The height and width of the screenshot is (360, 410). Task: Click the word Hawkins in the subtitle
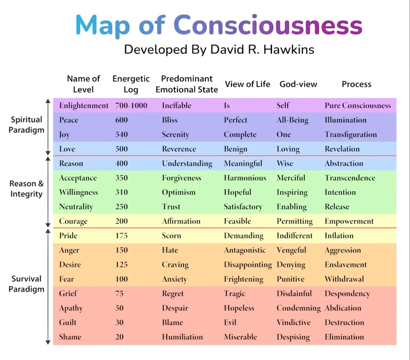click(x=289, y=49)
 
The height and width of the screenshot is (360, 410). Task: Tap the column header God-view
click(x=298, y=84)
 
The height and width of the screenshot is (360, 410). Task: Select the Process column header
click(x=357, y=84)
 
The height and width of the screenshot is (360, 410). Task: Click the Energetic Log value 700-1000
click(x=131, y=105)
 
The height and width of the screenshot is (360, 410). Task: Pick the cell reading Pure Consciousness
click(x=358, y=105)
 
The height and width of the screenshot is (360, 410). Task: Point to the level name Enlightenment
click(x=84, y=105)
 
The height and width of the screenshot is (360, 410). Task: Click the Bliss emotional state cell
click(x=169, y=120)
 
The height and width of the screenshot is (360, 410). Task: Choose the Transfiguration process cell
click(x=351, y=135)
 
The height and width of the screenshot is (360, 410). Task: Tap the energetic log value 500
click(x=121, y=149)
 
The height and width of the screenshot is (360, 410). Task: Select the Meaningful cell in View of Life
click(x=243, y=163)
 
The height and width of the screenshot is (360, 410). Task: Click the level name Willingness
click(x=78, y=192)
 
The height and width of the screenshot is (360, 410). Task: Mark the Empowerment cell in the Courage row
click(x=349, y=221)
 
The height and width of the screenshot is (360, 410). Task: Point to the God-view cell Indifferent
click(x=294, y=236)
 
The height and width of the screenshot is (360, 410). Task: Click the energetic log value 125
click(x=121, y=264)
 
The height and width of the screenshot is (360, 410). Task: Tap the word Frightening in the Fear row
click(x=243, y=279)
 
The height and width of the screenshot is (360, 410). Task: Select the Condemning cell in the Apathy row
click(x=299, y=308)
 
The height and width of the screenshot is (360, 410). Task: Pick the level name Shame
click(x=70, y=337)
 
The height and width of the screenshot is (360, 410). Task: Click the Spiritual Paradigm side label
click(x=26, y=125)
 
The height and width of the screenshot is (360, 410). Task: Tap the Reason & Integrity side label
click(x=26, y=188)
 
